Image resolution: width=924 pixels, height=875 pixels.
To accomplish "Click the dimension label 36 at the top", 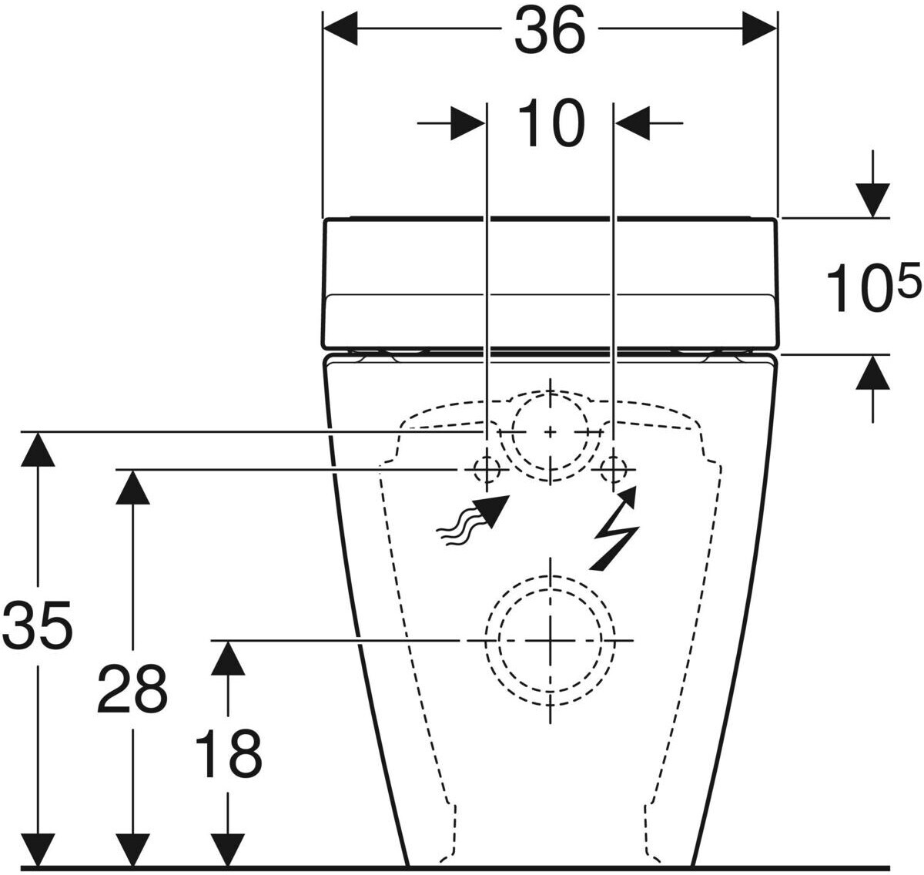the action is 550,32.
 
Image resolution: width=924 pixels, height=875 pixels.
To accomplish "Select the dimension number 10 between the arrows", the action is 551,123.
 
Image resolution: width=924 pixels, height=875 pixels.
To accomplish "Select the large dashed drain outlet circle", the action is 550,640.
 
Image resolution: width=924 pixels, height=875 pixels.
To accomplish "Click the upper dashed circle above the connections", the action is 550,433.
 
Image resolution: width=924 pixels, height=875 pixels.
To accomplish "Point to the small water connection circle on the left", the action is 487,468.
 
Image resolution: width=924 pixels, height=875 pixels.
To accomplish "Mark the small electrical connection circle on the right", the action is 614,468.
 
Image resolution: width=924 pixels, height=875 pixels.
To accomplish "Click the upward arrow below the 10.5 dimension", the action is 872,373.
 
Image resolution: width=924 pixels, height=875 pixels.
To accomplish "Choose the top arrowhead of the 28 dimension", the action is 132,486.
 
